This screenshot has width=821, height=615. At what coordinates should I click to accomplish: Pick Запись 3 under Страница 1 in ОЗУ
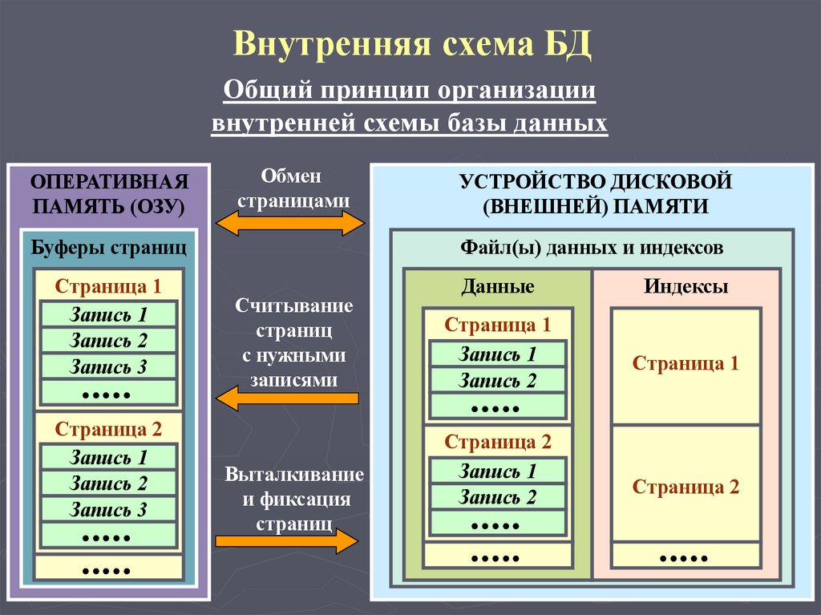(108, 366)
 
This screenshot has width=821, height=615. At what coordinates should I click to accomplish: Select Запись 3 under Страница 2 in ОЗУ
(108, 509)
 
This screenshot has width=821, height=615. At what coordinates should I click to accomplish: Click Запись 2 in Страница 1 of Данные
(497, 380)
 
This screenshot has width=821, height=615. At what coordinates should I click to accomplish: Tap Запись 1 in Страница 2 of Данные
(497, 471)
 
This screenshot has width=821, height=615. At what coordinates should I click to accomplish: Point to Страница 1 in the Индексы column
(686, 363)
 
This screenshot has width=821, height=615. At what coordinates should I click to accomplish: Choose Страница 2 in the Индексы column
(686, 487)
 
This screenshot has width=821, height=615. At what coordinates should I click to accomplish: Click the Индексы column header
(686, 286)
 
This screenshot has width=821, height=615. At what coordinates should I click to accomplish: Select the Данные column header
(497, 286)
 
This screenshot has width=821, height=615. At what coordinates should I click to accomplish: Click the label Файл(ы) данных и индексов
(592, 247)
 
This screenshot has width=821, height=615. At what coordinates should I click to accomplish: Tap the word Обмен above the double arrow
(290, 176)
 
